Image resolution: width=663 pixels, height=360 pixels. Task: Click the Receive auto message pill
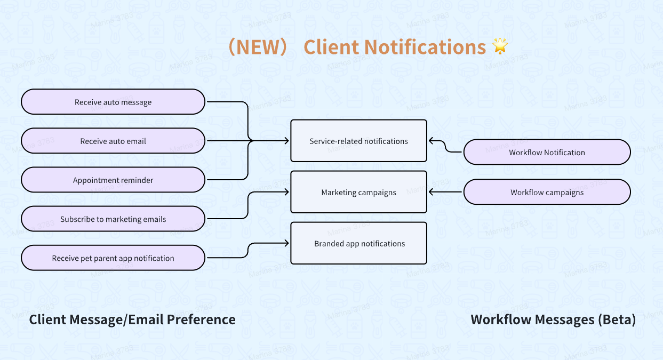(x=113, y=102)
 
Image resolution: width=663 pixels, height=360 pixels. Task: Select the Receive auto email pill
(x=113, y=141)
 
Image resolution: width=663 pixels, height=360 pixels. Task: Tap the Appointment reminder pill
(x=113, y=180)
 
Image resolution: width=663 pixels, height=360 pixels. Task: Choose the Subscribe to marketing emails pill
(x=113, y=219)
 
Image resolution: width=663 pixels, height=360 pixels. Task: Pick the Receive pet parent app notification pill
(x=113, y=258)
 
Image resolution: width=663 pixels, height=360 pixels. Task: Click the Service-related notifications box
(x=358, y=141)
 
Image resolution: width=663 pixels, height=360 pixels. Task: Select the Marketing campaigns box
(x=358, y=192)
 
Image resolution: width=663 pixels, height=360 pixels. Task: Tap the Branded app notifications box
(x=358, y=243)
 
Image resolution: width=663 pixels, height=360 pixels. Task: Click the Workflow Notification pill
(x=547, y=152)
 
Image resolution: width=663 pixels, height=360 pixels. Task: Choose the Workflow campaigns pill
(x=547, y=192)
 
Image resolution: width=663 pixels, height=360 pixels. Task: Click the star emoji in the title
(x=500, y=46)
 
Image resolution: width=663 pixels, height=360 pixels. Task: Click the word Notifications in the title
(x=425, y=47)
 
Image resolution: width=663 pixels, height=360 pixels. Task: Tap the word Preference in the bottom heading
(x=201, y=319)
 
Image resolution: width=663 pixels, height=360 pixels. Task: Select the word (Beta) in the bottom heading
(x=617, y=319)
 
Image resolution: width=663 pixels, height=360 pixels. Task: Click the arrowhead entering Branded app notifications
(x=287, y=243)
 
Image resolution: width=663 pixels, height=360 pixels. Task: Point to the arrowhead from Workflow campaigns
(x=431, y=192)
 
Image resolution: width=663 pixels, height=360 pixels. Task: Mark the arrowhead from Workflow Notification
(x=431, y=141)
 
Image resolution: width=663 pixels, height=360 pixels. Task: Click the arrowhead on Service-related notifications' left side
(x=287, y=141)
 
